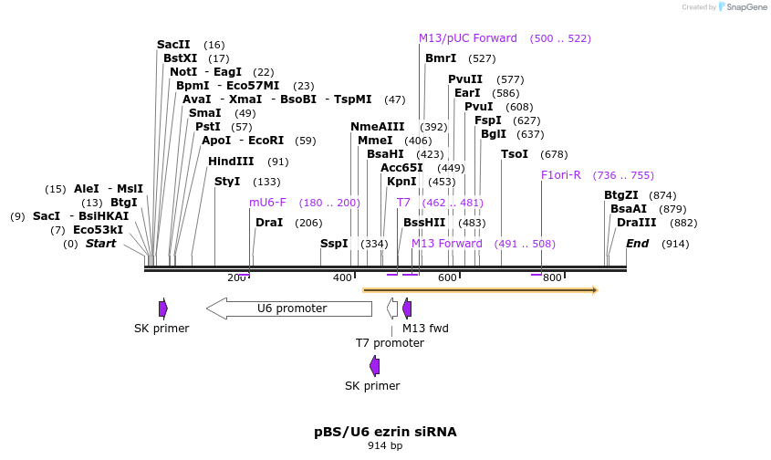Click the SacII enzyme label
[x=173, y=45]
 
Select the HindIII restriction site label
[x=231, y=162]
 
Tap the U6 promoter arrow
[x=291, y=308]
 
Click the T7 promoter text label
[x=390, y=343]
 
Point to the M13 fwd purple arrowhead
[x=407, y=308]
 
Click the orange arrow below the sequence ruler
[x=480, y=290]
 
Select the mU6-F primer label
[x=267, y=203]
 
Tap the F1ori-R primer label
[x=560, y=175]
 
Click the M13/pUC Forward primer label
[x=467, y=38]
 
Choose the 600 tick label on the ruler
[x=447, y=277]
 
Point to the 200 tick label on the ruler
[x=237, y=277]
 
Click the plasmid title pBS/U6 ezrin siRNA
[x=385, y=432]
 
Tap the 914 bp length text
[x=385, y=446]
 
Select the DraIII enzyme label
[x=636, y=223]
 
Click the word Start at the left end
[x=101, y=244]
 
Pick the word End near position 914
[x=637, y=244]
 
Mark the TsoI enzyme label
[x=515, y=154]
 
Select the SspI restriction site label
[x=334, y=244]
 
